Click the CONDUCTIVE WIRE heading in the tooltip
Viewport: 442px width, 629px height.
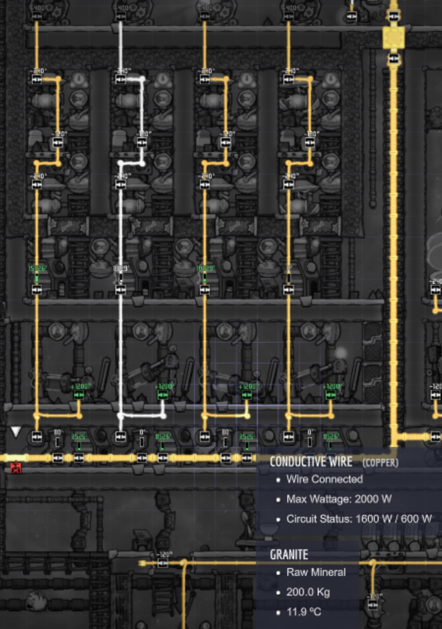click(x=310, y=461)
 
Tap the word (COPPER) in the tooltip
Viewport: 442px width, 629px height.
click(x=380, y=462)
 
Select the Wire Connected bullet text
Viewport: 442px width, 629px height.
click(x=324, y=479)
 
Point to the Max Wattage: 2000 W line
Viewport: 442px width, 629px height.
click(x=339, y=499)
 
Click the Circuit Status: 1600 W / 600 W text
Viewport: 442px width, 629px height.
click(x=359, y=518)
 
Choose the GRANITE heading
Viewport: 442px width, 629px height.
click(x=289, y=554)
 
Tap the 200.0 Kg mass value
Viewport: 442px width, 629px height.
click(x=308, y=592)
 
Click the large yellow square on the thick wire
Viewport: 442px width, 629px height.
click(x=393, y=38)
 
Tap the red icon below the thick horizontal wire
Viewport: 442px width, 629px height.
click(x=16, y=467)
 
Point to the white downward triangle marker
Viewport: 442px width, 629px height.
click(x=16, y=432)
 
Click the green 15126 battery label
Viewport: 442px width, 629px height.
click(x=37, y=268)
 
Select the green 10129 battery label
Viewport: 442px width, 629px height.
click(x=205, y=268)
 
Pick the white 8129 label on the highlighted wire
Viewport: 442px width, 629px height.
click(x=121, y=268)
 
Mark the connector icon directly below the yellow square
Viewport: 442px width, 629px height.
click(x=393, y=59)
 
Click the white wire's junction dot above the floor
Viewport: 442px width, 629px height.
click(x=121, y=416)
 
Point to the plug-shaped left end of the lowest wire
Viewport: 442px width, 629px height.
click(x=143, y=563)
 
